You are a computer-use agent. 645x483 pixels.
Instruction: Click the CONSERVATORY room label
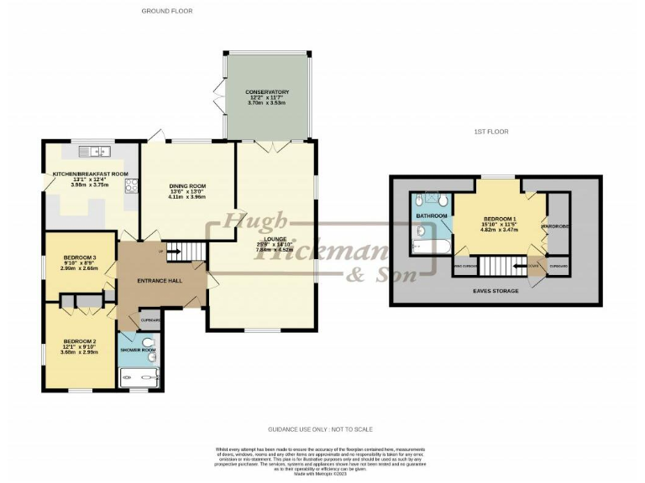[x=267, y=91]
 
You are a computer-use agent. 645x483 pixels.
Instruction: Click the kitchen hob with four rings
[x=132, y=186]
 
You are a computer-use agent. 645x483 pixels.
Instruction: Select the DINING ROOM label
[x=187, y=185]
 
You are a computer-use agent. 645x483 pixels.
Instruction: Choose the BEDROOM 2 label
[x=81, y=340]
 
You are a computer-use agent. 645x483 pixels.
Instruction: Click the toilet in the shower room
[x=149, y=342]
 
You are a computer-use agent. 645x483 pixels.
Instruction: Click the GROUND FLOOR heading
[x=167, y=11]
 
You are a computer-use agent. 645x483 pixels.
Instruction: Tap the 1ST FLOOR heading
[x=490, y=131]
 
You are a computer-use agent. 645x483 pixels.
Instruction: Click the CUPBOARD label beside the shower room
[x=149, y=320]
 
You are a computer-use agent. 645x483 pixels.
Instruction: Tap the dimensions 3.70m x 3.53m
[x=267, y=103]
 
